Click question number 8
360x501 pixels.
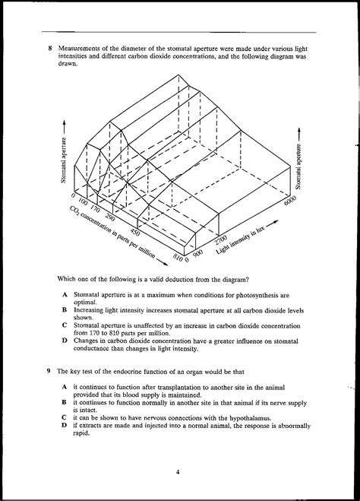[x=49, y=49]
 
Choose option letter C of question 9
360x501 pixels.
[x=65, y=417]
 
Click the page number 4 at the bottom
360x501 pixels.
[x=178, y=472]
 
